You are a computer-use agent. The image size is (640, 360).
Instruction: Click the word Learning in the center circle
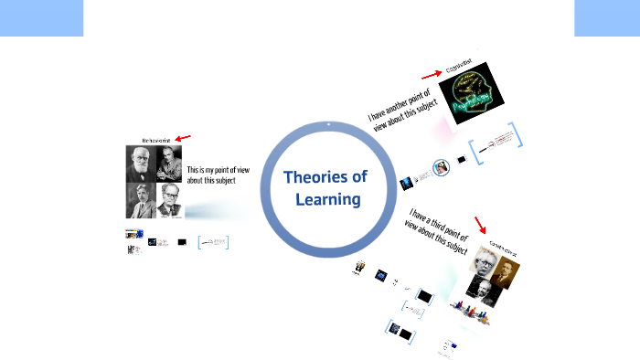click(x=327, y=198)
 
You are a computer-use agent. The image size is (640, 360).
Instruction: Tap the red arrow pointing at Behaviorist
click(x=183, y=138)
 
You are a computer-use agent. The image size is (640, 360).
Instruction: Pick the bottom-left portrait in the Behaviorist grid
click(x=141, y=200)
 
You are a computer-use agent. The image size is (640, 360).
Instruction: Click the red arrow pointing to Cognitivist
click(x=429, y=75)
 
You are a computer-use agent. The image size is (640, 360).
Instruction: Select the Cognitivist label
click(x=456, y=69)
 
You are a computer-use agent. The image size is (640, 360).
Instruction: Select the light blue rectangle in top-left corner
click(x=41, y=18)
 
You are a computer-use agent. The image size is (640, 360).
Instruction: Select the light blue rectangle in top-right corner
click(x=607, y=18)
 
